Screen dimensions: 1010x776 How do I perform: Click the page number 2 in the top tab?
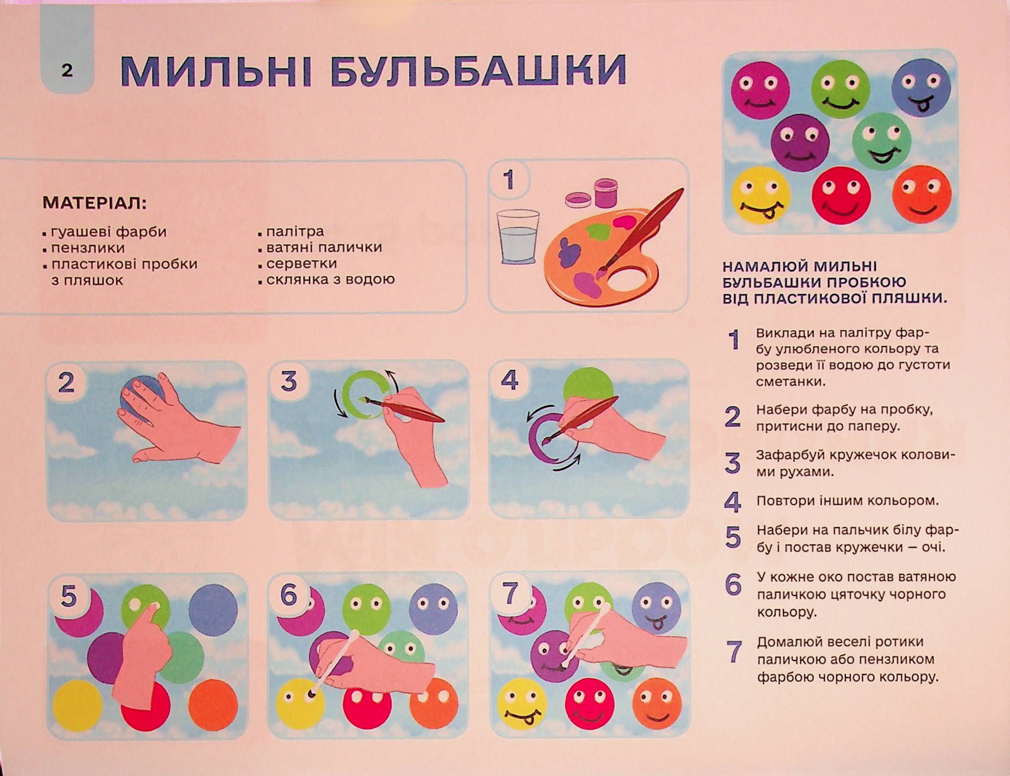pyautogui.click(x=67, y=71)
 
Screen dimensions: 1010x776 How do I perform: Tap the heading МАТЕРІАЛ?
pyautogui.click(x=94, y=203)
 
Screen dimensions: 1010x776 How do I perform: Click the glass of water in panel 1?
pyautogui.click(x=518, y=237)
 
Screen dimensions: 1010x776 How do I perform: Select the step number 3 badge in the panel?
pyautogui.click(x=288, y=382)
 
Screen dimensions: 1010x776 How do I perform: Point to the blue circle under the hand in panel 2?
pyautogui.click(x=140, y=397)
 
